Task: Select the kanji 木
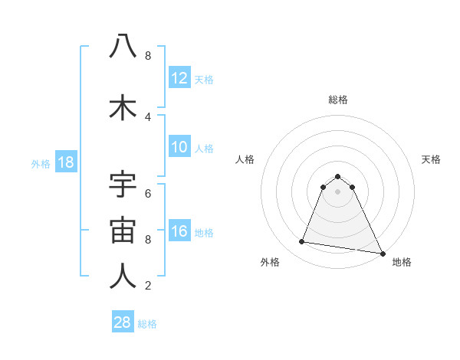(x=123, y=108)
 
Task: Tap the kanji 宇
(x=123, y=186)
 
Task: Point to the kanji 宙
(x=123, y=231)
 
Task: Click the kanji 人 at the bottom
(x=123, y=277)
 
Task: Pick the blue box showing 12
(x=179, y=78)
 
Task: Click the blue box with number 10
(x=179, y=147)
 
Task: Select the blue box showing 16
(x=179, y=232)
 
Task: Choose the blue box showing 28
(x=123, y=322)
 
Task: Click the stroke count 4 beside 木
(x=148, y=117)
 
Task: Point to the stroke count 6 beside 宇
(x=148, y=193)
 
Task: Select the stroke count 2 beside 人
(x=148, y=286)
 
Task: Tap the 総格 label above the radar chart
(x=337, y=100)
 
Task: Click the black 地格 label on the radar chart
(x=402, y=262)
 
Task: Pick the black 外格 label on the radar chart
(x=270, y=262)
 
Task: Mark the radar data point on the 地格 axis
(x=381, y=253)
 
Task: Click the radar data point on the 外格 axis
(x=302, y=242)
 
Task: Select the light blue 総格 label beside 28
(x=148, y=324)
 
